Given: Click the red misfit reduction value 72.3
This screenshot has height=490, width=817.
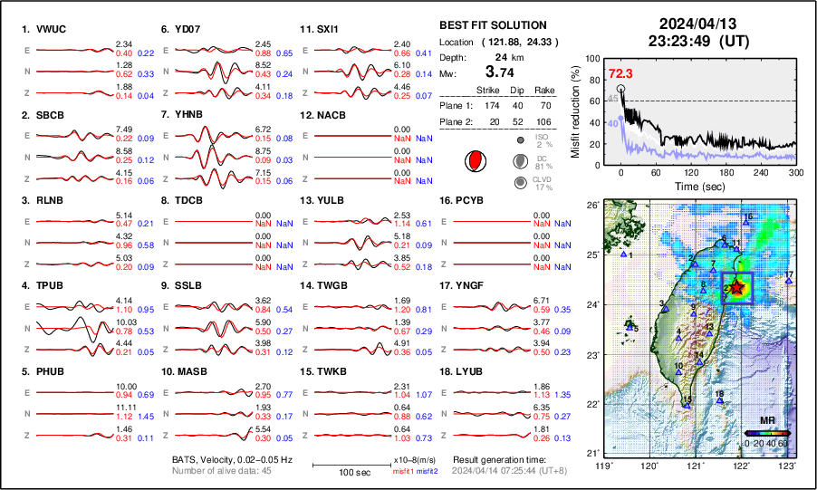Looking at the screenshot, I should pos(620,73).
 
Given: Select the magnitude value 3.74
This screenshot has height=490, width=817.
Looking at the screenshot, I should pos(504,72).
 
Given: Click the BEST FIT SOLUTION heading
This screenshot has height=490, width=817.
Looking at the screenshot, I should pos(493,25).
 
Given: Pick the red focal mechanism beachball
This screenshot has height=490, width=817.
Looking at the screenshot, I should pos(474,161).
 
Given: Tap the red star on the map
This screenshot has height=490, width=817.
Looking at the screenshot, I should pos(737,287).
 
